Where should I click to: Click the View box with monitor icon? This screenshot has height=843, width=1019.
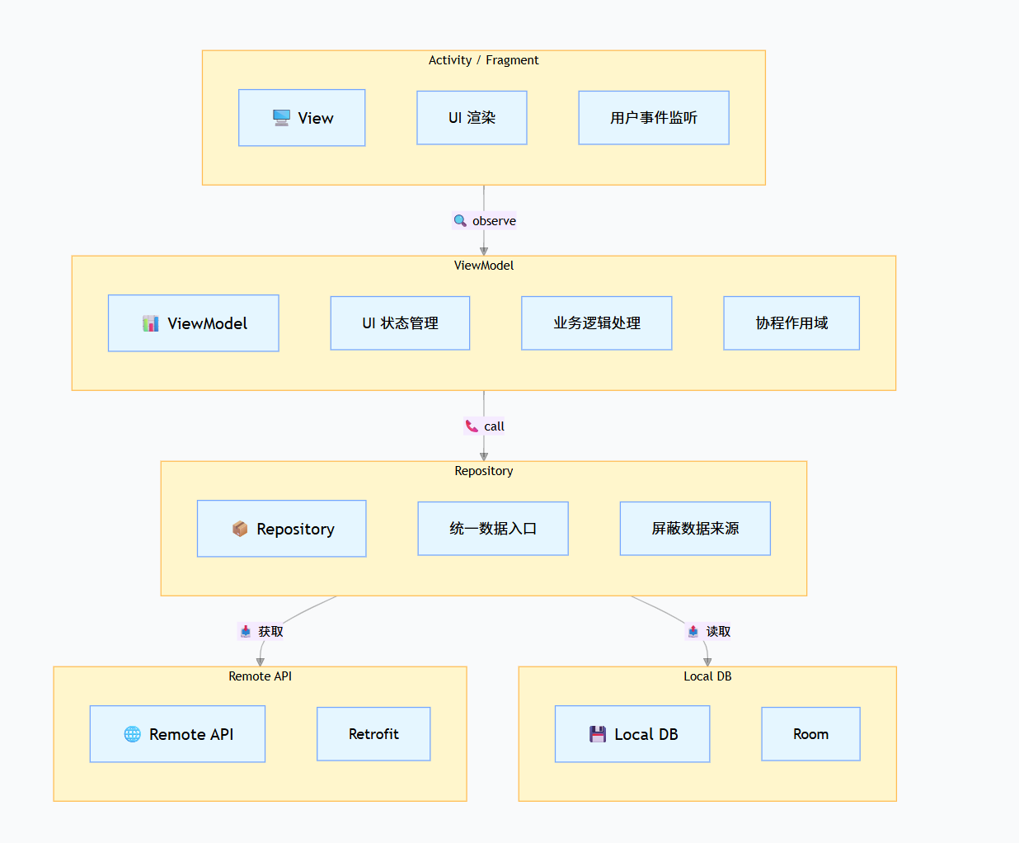pyautogui.click(x=302, y=118)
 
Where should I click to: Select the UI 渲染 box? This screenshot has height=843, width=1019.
pyautogui.click(x=472, y=118)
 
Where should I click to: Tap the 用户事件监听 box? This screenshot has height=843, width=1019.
pyautogui.click(x=654, y=118)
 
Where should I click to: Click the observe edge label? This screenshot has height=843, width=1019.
pyautogui.click(x=493, y=221)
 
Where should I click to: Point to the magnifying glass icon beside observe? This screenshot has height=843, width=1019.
pyautogui.click(x=460, y=220)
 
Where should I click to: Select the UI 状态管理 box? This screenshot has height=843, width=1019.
pyautogui.click(x=400, y=323)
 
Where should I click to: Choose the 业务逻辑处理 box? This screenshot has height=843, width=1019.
pyautogui.click(x=596, y=323)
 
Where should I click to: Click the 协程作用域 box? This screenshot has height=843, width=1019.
pyautogui.click(x=791, y=323)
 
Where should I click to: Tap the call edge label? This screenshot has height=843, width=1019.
pyautogui.click(x=494, y=426)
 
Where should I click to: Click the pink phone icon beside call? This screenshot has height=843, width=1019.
pyautogui.click(x=472, y=426)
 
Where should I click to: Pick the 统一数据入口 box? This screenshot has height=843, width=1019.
pyautogui.click(x=493, y=529)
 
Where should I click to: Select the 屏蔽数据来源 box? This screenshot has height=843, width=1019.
pyautogui.click(x=695, y=529)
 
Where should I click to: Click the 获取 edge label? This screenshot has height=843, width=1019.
pyautogui.click(x=270, y=632)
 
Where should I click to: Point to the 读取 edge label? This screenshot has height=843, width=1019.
pyautogui.click(x=718, y=632)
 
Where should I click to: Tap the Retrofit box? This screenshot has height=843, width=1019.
pyautogui.click(x=373, y=734)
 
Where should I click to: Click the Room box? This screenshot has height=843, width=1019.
pyautogui.click(x=810, y=734)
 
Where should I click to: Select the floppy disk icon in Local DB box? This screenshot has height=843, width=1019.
pyautogui.click(x=598, y=734)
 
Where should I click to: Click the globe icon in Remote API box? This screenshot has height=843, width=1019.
pyautogui.click(x=132, y=734)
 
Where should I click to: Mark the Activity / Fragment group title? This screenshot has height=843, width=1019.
pyautogui.click(x=483, y=60)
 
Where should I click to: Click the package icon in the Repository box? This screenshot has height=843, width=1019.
pyautogui.click(x=240, y=529)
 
